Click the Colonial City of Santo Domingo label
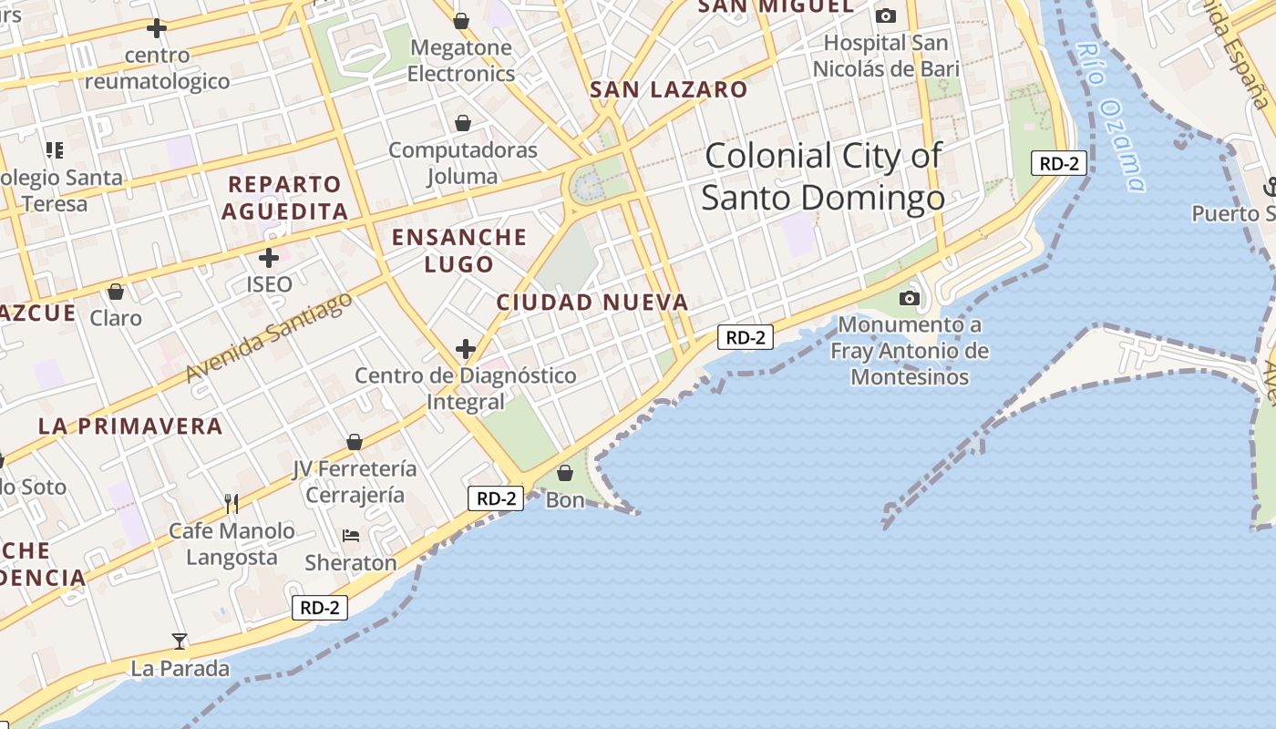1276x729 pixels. (x=822, y=177)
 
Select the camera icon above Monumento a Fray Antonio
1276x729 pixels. (x=909, y=298)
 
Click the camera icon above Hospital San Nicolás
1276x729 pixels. (x=885, y=15)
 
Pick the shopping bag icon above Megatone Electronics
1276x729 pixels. (x=461, y=20)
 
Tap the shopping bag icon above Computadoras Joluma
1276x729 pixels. (x=463, y=123)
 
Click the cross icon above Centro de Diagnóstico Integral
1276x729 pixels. (x=466, y=348)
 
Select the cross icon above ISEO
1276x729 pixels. (x=269, y=258)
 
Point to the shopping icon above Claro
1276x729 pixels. (x=116, y=292)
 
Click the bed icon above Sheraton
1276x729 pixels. (x=351, y=536)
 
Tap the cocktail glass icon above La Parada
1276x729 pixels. (x=180, y=641)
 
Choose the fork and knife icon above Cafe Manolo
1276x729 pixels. (x=232, y=503)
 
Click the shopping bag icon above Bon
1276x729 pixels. (x=565, y=473)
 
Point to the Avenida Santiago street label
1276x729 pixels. (x=268, y=337)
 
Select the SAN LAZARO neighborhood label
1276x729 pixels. (x=668, y=89)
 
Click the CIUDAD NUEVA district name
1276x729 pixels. (x=592, y=303)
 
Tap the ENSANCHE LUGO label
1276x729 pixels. (x=459, y=251)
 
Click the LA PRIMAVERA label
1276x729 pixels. (x=130, y=426)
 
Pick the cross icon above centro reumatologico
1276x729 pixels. (x=157, y=28)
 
